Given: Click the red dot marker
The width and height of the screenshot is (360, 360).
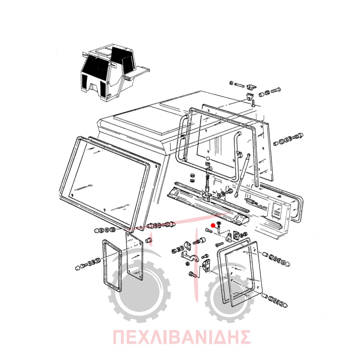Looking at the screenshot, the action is click(213, 225).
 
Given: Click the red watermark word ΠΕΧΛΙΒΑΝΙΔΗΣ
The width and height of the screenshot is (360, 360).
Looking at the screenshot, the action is click(181, 337).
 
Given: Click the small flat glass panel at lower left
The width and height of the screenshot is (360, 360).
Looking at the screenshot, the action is click(135, 256).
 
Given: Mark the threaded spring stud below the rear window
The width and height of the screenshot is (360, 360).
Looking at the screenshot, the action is click(207, 178).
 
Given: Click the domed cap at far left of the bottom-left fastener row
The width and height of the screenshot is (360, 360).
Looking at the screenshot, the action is click(78, 267).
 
